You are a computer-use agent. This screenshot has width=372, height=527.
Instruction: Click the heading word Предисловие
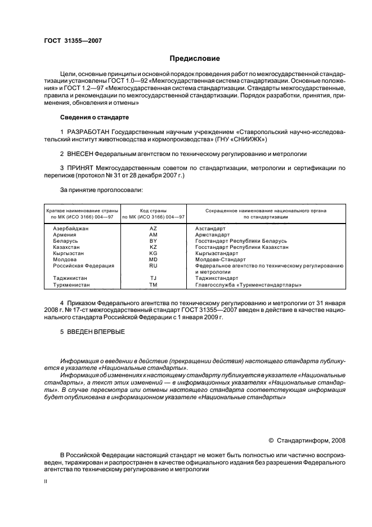[195, 58]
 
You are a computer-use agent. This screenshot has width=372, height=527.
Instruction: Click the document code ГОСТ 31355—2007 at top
[73, 41]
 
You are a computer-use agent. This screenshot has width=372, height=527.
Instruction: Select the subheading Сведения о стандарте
[94, 117]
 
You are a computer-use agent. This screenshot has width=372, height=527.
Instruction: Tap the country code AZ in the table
[153, 229]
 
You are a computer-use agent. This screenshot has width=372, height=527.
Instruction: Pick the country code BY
[153, 241]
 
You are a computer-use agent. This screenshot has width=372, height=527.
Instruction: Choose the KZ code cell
[153, 247]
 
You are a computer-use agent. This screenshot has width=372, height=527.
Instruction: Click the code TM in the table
[153, 284]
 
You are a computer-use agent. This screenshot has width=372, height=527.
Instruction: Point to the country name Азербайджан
[70, 229]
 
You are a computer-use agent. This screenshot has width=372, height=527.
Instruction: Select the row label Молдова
[65, 260]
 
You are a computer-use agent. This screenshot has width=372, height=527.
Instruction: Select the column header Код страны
[153, 210]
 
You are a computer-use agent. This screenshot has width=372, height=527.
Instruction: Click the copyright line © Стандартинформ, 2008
[307, 440]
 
